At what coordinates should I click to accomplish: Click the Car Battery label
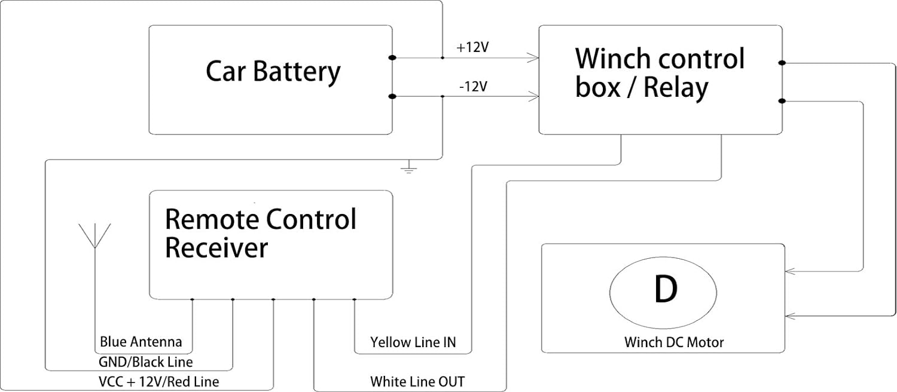pos(273,72)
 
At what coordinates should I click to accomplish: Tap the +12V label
pos(472,48)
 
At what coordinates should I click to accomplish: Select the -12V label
pos(474,87)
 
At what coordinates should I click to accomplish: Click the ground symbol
pos(408,167)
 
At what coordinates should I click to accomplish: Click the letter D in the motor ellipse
pos(666,290)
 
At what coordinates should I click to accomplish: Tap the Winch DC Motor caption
pos(674,342)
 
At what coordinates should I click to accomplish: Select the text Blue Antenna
pos(141,342)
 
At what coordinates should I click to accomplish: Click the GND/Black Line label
pos(146,362)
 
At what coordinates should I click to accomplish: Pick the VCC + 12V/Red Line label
pos(159,382)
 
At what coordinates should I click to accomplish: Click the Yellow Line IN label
pos(413,342)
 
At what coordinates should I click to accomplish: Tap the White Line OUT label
pos(417,382)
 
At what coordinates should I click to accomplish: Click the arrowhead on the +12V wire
pos(533,58)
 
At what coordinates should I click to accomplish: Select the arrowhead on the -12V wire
pos(533,96)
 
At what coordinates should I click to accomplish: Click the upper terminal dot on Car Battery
pos(392,58)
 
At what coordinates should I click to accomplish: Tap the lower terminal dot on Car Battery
pos(392,96)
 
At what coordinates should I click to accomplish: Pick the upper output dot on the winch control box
pos(782,63)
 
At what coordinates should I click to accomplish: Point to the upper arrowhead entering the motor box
pos(791,272)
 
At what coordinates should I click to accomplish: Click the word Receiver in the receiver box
pos(216,248)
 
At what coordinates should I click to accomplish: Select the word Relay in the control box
pos(676,88)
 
